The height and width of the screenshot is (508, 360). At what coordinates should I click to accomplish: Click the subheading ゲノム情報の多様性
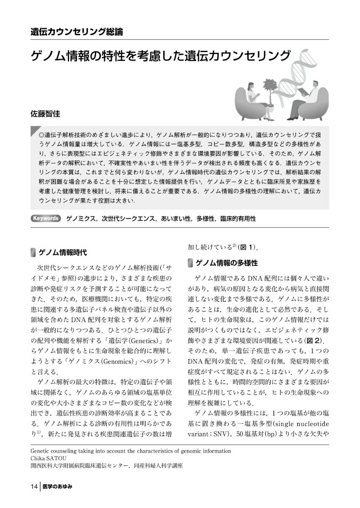tap(226, 263)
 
